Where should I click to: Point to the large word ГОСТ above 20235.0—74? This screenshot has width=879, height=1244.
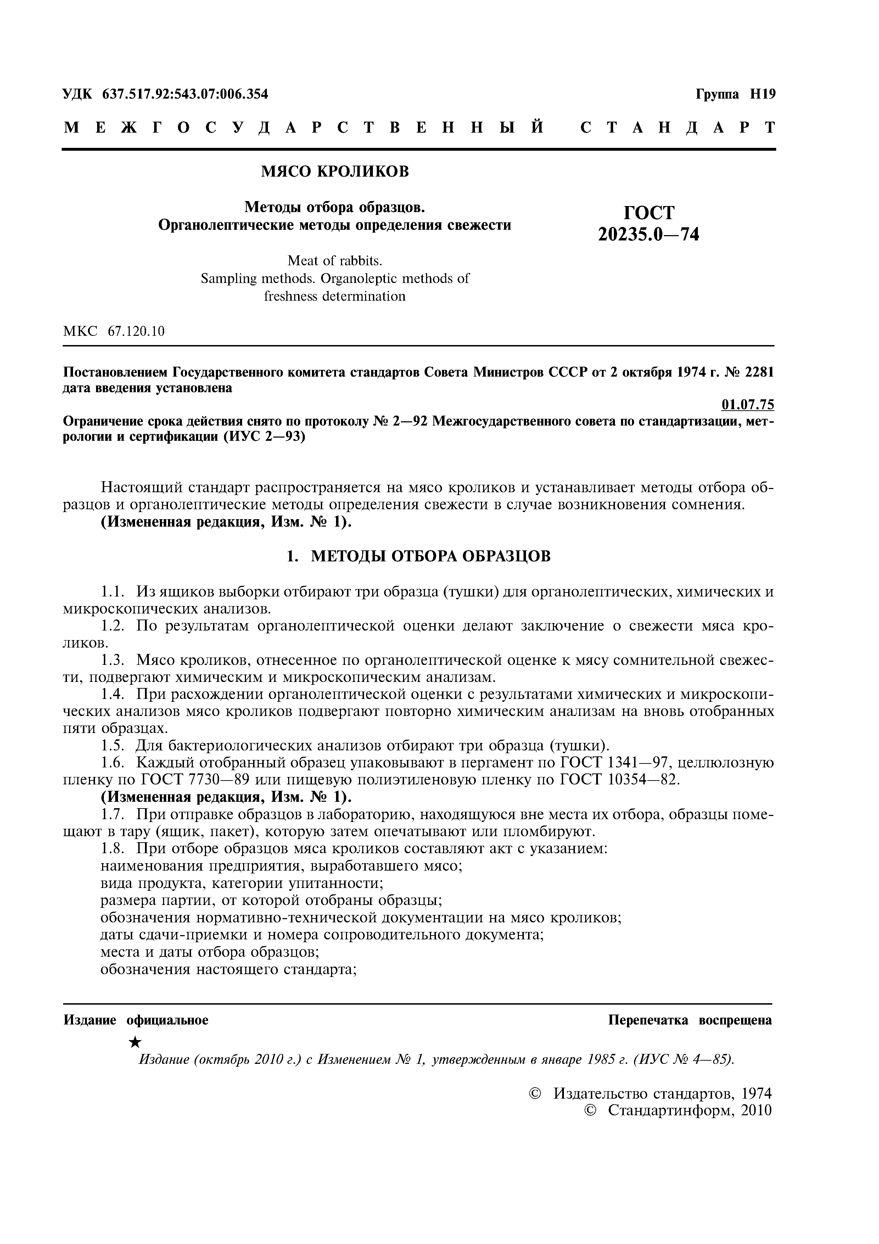[x=649, y=212]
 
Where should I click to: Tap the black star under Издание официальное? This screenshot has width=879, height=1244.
[x=136, y=1042]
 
